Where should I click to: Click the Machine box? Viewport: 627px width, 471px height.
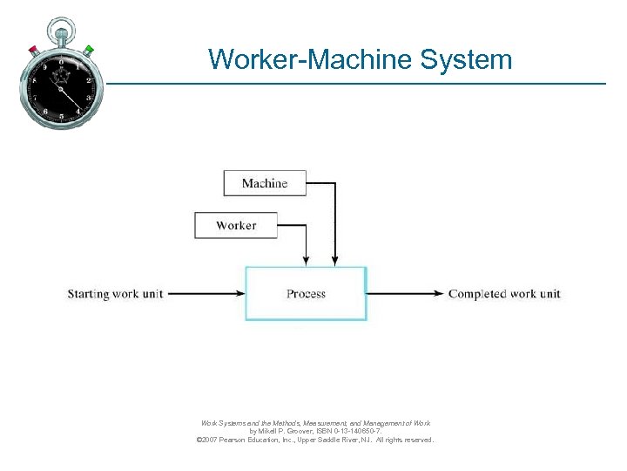pos(265,183)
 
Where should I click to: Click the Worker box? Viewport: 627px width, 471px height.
pos(236,225)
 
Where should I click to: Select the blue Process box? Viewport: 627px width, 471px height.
pos(306,294)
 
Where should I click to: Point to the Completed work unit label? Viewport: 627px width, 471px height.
pos(504,294)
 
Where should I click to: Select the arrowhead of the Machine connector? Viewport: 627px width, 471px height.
pos(334,261)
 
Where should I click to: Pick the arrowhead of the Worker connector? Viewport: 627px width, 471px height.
pos(306,261)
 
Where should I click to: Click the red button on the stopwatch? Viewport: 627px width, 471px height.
pos(33,49)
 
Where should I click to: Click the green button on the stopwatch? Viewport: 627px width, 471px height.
pos(88,50)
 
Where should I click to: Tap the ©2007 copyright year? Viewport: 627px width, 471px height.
pos(209,440)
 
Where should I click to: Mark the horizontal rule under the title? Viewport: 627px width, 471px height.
pos(348,84)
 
